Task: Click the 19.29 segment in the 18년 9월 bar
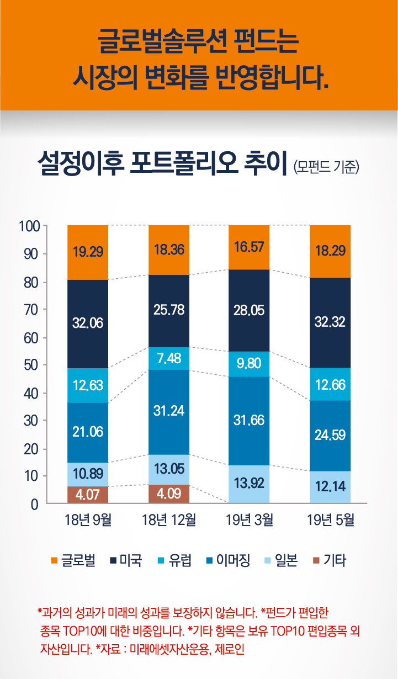(x=88, y=252)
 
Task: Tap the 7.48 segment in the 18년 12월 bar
(x=169, y=358)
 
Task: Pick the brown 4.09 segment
(x=169, y=494)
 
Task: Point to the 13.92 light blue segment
(x=249, y=484)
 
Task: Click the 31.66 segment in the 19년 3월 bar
(x=249, y=421)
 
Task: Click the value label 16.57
(x=249, y=247)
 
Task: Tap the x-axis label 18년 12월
(x=169, y=520)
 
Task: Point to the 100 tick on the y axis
(x=29, y=226)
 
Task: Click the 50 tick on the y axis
(x=31, y=365)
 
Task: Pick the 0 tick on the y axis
(x=34, y=504)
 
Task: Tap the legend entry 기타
(x=335, y=561)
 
